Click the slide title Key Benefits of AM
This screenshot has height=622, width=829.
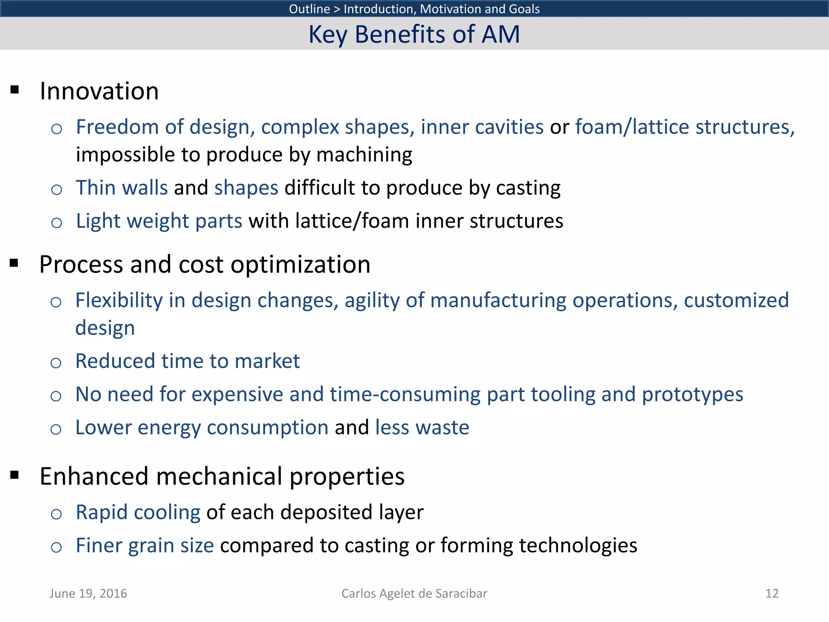(x=414, y=34)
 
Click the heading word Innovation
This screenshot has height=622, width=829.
(x=99, y=91)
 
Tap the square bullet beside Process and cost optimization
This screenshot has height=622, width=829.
(x=15, y=264)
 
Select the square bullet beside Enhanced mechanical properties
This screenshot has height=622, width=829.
(x=15, y=475)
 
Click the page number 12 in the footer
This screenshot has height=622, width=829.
(x=772, y=593)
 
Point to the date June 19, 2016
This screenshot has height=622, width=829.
(x=88, y=593)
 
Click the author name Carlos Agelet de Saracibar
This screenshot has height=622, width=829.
(x=414, y=593)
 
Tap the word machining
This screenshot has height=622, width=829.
(x=364, y=155)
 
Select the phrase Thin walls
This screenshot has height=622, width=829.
(x=121, y=188)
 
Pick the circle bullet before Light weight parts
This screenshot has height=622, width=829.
(x=57, y=223)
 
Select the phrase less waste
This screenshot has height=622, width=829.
(x=422, y=428)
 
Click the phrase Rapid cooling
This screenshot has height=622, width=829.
(x=138, y=512)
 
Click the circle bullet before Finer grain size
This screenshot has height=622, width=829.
(x=57, y=547)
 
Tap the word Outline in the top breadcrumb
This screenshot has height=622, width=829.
(x=309, y=9)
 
